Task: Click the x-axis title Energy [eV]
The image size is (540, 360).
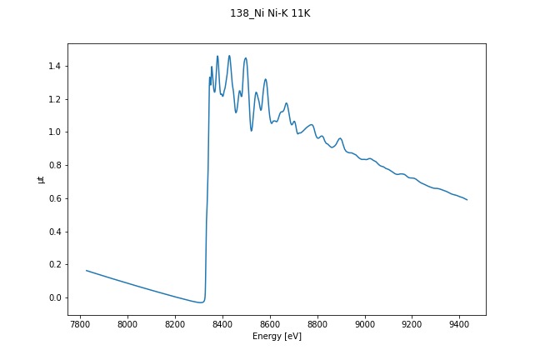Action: pos(277,337)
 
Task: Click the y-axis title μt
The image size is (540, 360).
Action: pos(40,179)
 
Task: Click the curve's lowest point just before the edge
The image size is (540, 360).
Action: pos(200,302)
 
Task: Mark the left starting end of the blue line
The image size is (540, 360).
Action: pos(86,270)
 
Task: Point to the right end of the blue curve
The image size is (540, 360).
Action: pos(467,200)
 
